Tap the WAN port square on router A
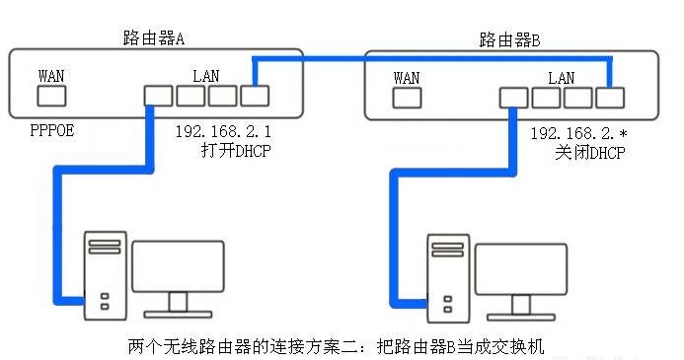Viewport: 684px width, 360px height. pyautogui.click(x=51, y=95)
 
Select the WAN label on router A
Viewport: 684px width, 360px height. pyautogui.click(x=51, y=75)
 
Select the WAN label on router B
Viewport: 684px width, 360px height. pyautogui.click(x=407, y=77)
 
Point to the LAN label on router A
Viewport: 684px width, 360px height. pyautogui.click(x=205, y=75)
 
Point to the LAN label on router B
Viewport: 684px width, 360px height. pyautogui.click(x=561, y=77)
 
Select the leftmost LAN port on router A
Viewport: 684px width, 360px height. pyautogui.click(x=157, y=95)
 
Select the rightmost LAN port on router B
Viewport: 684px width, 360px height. pyautogui.click(x=611, y=98)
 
